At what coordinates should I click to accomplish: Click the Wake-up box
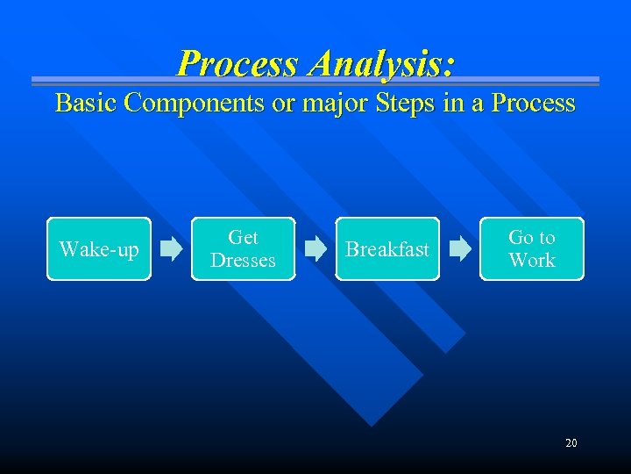coord(99,249)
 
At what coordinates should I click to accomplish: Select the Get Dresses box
coord(243,249)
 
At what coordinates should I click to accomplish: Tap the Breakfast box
coord(387,249)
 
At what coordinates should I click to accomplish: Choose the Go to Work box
coord(532,249)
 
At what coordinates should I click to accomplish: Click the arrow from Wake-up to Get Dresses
coord(172,249)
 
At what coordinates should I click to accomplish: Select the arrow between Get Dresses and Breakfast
coord(315,249)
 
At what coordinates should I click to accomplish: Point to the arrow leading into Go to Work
coord(460,249)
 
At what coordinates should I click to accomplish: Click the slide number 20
coord(571,443)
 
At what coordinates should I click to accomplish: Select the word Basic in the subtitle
coord(86,104)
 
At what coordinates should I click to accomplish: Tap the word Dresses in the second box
coord(243,261)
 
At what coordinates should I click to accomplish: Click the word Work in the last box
coord(532,261)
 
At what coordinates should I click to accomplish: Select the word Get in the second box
coord(243,238)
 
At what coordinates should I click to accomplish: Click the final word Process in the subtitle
coord(533,104)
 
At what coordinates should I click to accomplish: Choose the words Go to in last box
coord(532,238)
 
